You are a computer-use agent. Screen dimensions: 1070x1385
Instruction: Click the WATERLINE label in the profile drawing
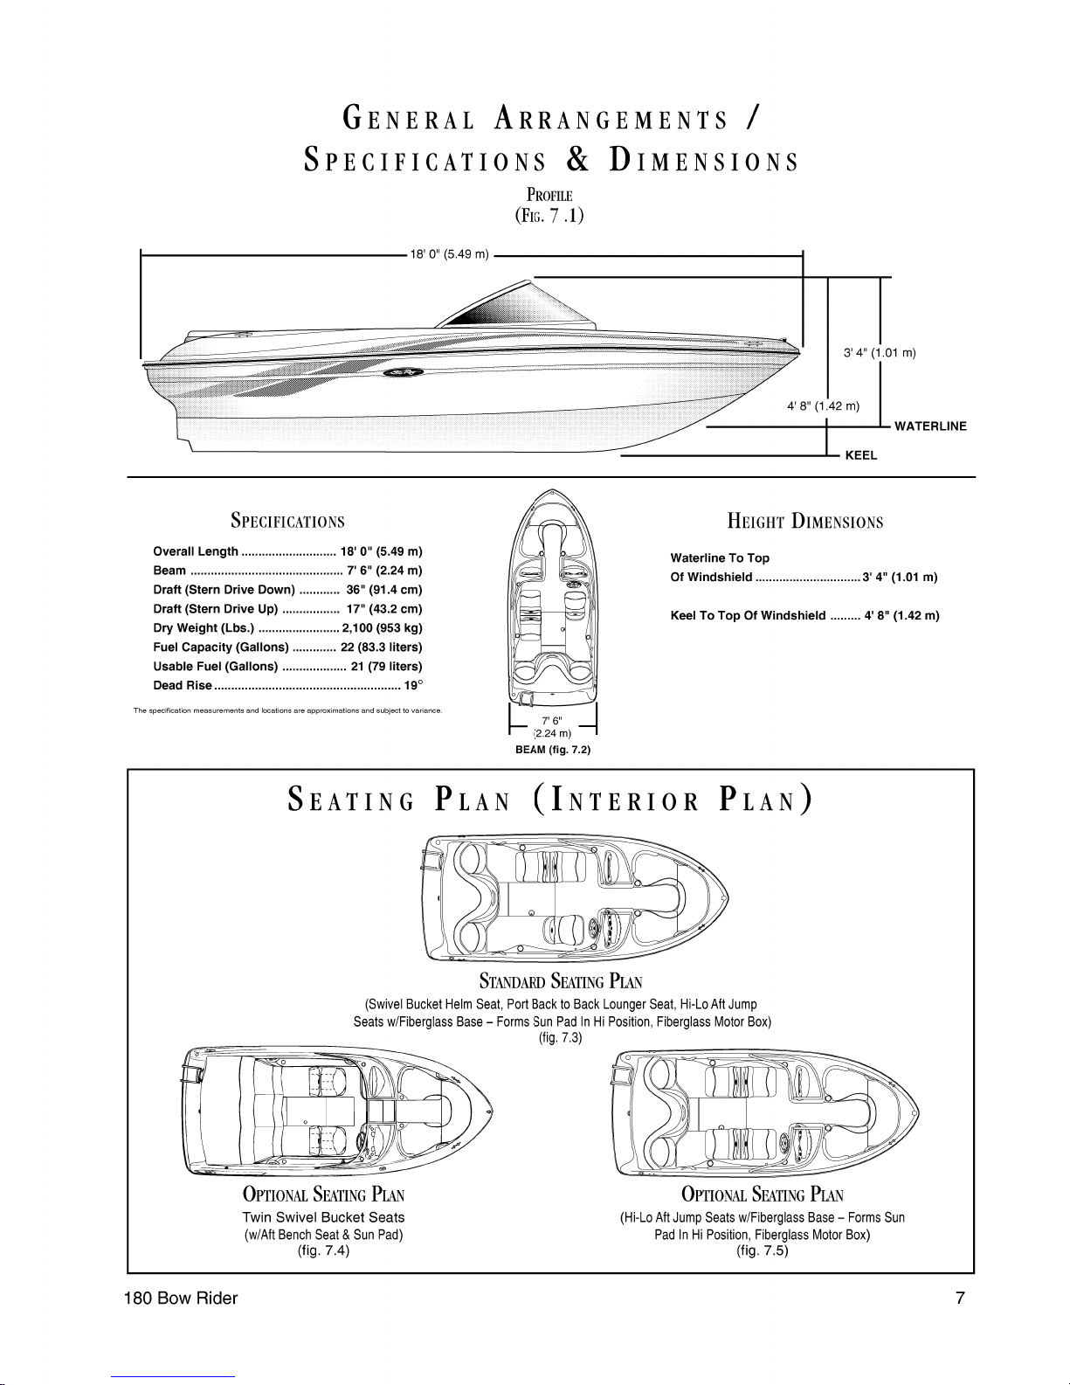coord(930,426)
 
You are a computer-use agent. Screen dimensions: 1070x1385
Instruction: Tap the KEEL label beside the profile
coord(861,456)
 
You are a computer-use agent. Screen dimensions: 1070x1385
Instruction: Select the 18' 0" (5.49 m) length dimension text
coord(449,254)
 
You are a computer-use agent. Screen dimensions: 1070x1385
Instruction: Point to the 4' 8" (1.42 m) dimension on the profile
coord(823,406)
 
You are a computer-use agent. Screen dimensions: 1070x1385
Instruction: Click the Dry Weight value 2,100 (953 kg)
coord(383,627)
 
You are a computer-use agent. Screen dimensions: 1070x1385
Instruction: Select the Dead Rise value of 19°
coord(413,685)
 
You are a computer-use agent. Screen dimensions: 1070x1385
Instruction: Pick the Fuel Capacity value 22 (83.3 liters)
coord(382,647)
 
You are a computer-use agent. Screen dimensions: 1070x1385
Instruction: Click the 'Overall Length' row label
coord(196,551)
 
